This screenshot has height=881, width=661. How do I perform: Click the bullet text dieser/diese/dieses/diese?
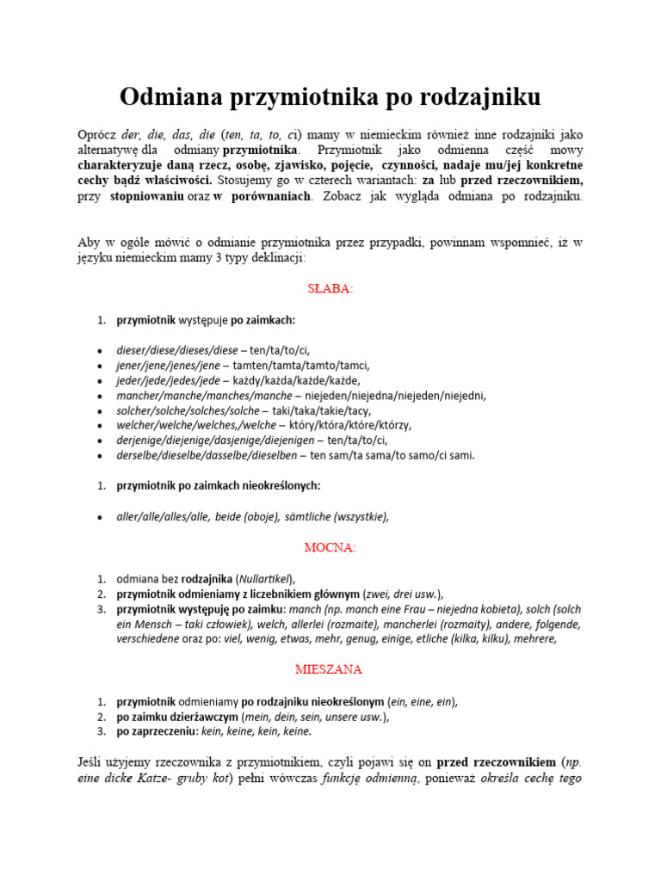(x=176, y=349)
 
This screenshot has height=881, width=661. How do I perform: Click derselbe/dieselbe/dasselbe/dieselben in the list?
(x=207, y=455)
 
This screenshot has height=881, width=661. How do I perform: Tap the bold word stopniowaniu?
(x=145, y=196)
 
